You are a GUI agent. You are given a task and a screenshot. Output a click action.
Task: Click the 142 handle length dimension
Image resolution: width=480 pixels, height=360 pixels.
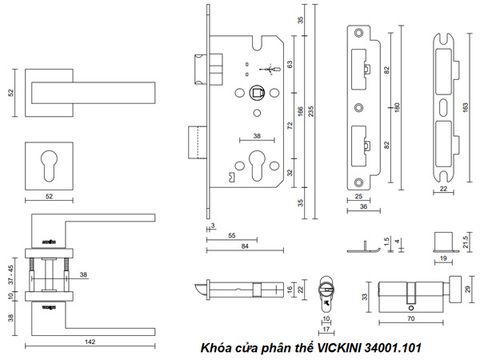(90, 342)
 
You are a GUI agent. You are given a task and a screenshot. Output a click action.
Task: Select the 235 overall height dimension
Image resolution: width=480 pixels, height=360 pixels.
(311, 111)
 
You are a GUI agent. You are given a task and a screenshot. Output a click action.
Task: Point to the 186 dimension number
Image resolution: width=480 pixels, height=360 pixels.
(300, 111)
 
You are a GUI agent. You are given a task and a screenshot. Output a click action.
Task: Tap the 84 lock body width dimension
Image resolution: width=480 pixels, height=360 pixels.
(245, 246)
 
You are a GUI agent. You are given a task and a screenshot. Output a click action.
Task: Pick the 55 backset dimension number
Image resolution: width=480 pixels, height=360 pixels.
(232, 236)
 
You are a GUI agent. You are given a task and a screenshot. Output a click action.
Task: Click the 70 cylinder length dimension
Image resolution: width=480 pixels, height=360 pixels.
(411, 319)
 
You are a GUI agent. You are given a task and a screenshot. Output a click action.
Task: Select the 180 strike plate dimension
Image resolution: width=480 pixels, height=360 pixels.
(397, 107)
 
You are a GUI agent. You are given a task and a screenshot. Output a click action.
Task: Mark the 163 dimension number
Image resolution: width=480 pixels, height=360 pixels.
(466, 107)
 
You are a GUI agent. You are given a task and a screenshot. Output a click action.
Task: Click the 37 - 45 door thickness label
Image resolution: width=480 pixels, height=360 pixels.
(11, 275)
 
